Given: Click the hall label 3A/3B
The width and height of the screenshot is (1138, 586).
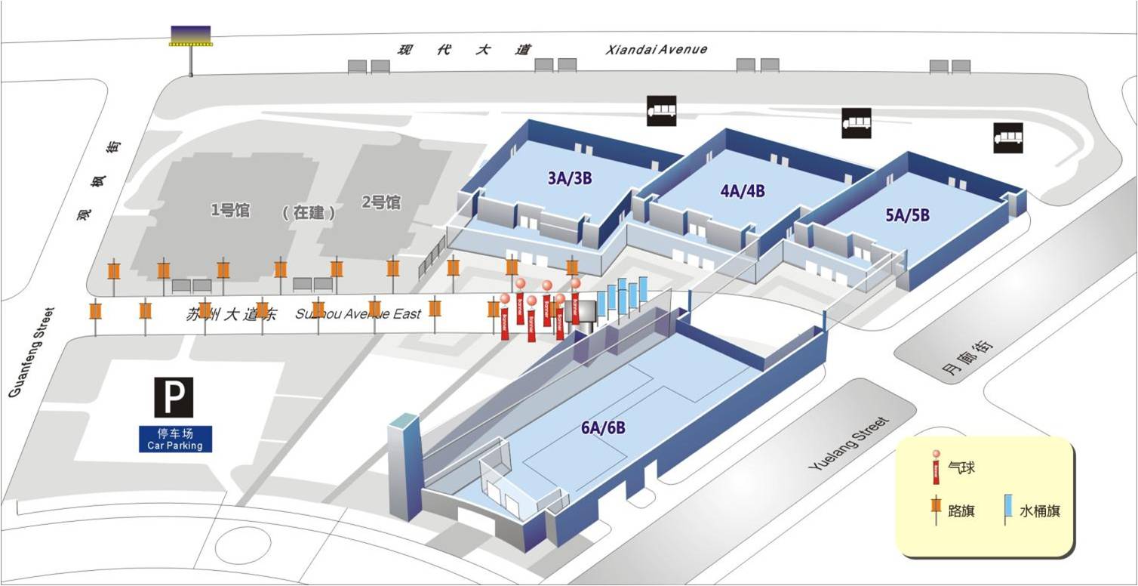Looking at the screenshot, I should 570,178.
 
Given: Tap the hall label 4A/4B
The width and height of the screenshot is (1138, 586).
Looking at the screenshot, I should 743,190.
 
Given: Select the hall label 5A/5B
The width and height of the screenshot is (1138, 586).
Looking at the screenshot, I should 907,214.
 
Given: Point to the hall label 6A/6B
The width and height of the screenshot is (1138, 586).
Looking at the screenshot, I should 603,427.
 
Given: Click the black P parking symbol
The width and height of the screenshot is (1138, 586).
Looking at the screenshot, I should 174,397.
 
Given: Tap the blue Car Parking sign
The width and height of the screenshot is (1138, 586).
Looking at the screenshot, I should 175,439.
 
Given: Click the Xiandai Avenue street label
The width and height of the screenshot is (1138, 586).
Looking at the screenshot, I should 657,49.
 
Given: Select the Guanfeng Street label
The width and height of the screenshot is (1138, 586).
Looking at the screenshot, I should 30,352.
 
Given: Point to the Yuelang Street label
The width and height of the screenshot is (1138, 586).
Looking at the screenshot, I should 849,443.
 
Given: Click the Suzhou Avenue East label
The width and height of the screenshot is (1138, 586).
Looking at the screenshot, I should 358,314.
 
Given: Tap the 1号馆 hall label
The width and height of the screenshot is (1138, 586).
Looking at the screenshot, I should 230,210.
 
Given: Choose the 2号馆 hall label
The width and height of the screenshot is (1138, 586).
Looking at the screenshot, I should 381,202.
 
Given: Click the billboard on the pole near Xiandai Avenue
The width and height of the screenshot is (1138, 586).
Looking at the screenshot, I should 190,36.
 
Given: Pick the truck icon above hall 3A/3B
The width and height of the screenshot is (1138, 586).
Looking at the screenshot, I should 661,111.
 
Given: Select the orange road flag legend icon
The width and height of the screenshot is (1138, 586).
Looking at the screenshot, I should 937,509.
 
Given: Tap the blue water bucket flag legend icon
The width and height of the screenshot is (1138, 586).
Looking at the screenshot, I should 1008,510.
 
